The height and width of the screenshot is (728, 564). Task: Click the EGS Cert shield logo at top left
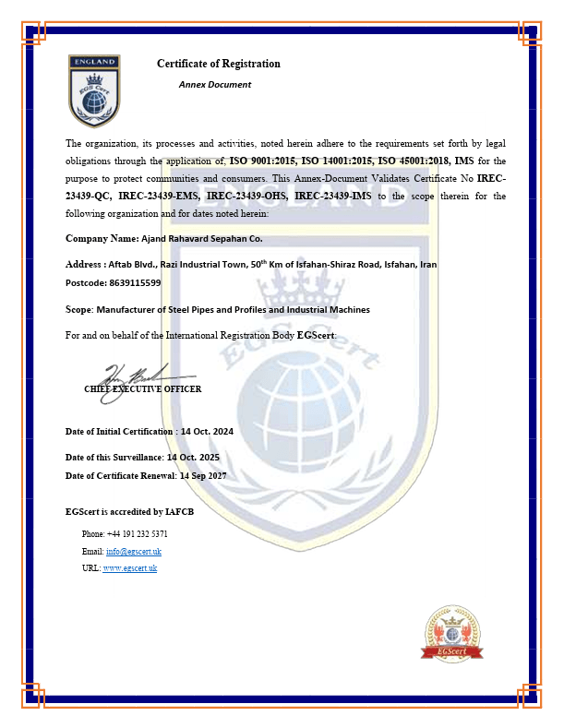click(x=94, y=90)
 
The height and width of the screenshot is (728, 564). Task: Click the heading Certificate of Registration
click(x=218, y=64)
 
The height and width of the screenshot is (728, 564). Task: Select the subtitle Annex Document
click(x=214, y=85)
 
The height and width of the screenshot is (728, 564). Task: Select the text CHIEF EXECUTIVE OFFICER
click(x=142, y=389)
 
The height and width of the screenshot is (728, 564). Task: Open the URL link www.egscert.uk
click(x=129, y=567)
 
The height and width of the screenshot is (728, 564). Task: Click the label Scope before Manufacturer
click(x=78, y=310)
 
